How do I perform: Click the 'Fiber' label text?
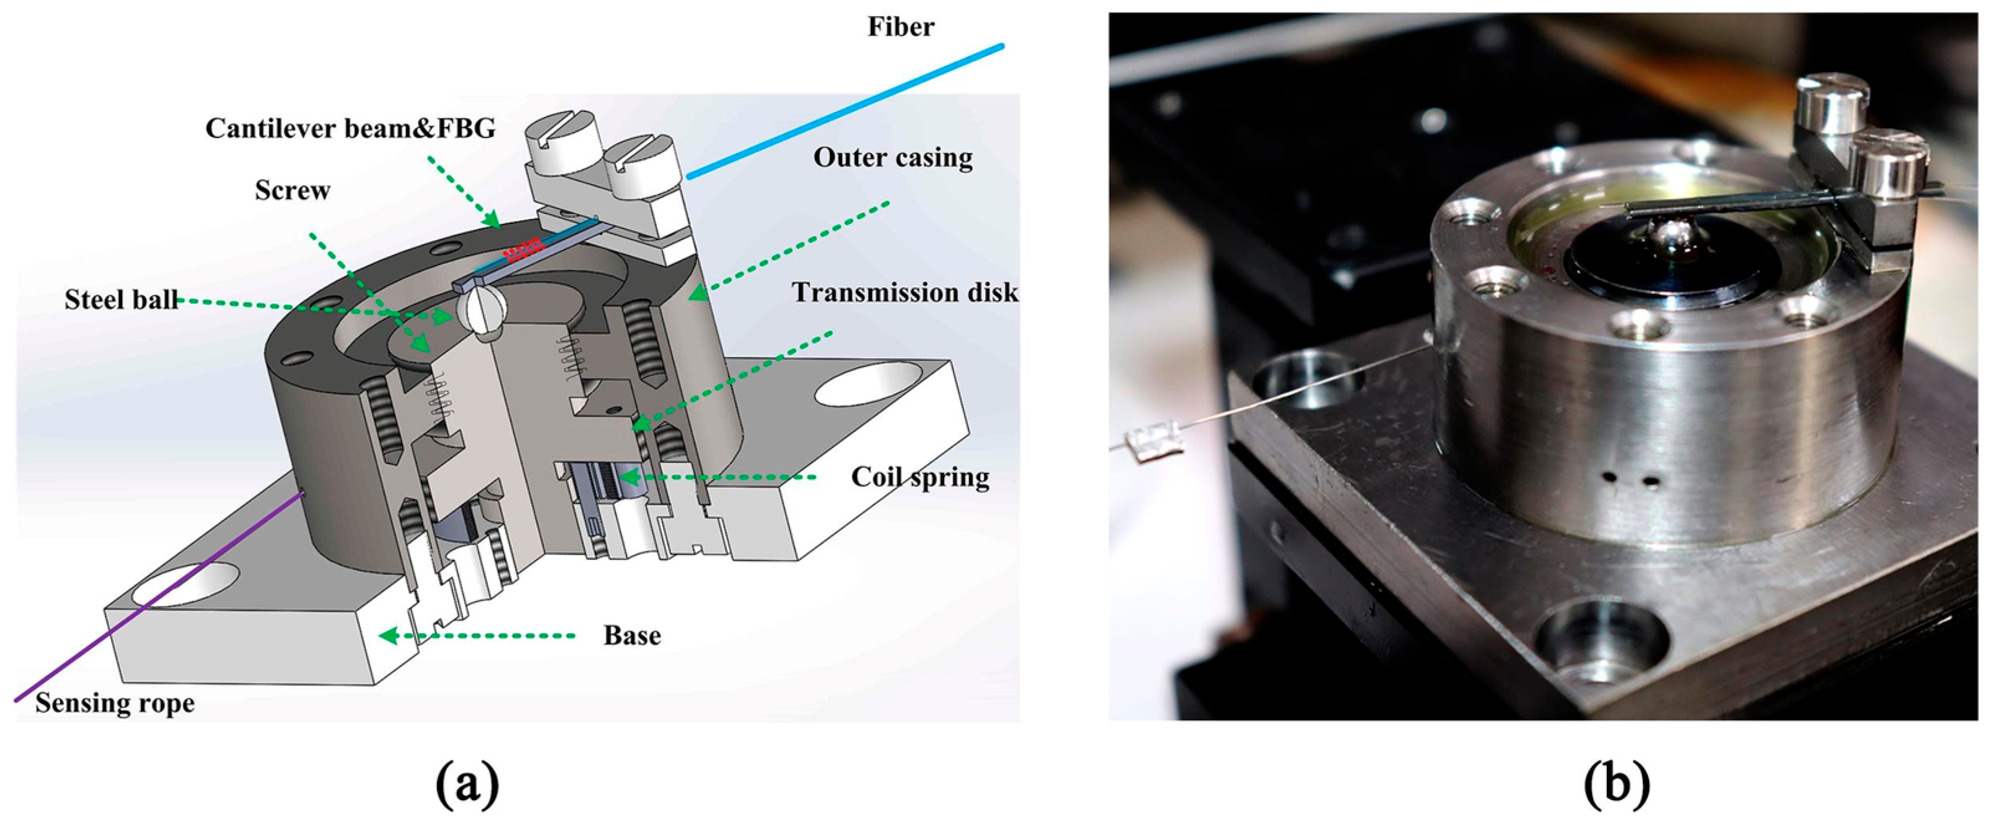900,27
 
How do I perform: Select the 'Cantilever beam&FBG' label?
350,128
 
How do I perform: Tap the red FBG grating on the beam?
522,249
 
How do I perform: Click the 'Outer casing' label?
893,158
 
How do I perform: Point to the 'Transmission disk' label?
904,292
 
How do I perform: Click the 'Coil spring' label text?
920,477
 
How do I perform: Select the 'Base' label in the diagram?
632,636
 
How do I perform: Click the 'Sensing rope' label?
114,703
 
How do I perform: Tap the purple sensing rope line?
155,597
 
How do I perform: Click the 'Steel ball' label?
121,300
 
